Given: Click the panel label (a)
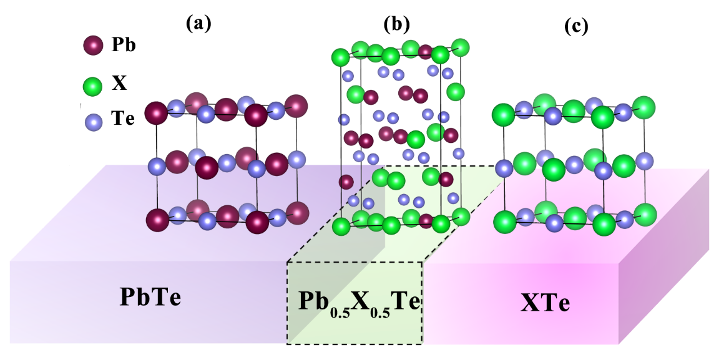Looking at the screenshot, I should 199,24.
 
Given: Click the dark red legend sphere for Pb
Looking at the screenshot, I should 93,46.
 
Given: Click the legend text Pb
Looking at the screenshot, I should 124,46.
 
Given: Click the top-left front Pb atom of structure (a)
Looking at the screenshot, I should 156,114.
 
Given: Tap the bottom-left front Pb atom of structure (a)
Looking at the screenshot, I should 157,220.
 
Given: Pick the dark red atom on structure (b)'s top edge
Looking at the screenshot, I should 425,51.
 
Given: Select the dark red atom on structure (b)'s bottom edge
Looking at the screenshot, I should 426,220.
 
